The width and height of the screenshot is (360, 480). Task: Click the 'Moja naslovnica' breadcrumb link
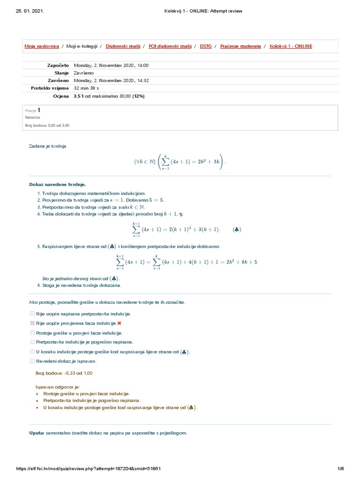[42, 46]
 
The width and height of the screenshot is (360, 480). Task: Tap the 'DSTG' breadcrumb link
[205, 46]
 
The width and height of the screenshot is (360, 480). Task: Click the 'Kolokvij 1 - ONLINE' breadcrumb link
[291, 46]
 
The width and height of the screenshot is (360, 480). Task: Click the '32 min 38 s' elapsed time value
[86, 88]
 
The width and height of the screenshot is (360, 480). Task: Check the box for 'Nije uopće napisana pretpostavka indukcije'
[32, 314]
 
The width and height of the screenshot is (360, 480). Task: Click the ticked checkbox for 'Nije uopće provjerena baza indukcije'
[32, 323]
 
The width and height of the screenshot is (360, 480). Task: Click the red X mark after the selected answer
[120, 323]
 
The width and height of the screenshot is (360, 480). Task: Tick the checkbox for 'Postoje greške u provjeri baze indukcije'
[32, 332]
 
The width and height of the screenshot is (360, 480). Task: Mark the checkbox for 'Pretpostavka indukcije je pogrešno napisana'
[32, 342]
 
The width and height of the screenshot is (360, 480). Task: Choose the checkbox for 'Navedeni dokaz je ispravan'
[32, 361]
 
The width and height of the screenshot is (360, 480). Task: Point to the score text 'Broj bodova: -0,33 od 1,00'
[64, 373]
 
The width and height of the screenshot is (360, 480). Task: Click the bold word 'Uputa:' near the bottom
[37, 433]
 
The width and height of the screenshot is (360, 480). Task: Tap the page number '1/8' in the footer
[341, 469]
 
